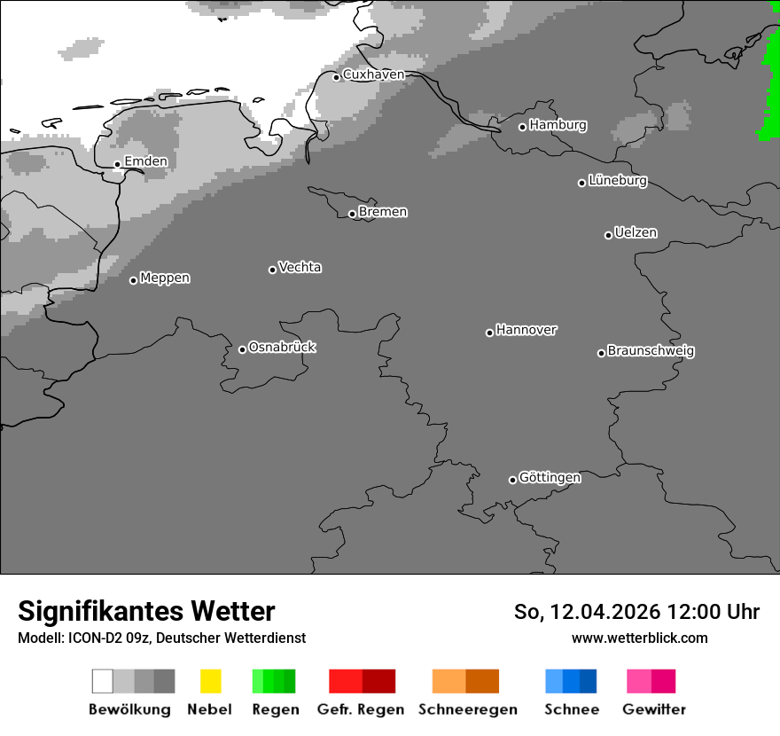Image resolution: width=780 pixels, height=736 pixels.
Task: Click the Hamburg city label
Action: (558, 125)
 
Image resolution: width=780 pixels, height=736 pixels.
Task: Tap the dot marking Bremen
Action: (352, 214)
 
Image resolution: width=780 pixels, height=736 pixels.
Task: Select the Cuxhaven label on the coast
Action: (373, 74)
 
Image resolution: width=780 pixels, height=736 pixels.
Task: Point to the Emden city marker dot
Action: (117, 164)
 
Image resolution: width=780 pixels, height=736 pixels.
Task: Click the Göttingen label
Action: (550, 478)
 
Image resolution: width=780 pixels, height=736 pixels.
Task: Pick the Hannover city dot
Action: (489, 333)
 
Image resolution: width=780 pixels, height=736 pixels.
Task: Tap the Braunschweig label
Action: (651, 351)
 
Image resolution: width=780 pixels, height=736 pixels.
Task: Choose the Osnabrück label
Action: (282, 348)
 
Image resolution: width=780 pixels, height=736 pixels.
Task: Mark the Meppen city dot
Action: (133, 280)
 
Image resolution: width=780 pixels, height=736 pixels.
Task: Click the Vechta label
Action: (300, 267)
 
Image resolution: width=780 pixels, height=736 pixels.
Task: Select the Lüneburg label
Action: (618, 181)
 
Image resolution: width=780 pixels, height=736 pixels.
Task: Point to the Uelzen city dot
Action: (608, 235)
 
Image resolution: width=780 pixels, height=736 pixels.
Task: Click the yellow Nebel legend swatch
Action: (210, 681)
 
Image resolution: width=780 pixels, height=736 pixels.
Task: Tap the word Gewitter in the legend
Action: (654, 709)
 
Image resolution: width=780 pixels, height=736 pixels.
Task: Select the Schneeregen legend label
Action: (468, 709)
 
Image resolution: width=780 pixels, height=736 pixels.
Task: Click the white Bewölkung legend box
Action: (103, 681)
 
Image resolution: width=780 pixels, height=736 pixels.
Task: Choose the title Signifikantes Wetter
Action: (146, 612)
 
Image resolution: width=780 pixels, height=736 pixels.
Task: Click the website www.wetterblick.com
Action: (639, 638)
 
